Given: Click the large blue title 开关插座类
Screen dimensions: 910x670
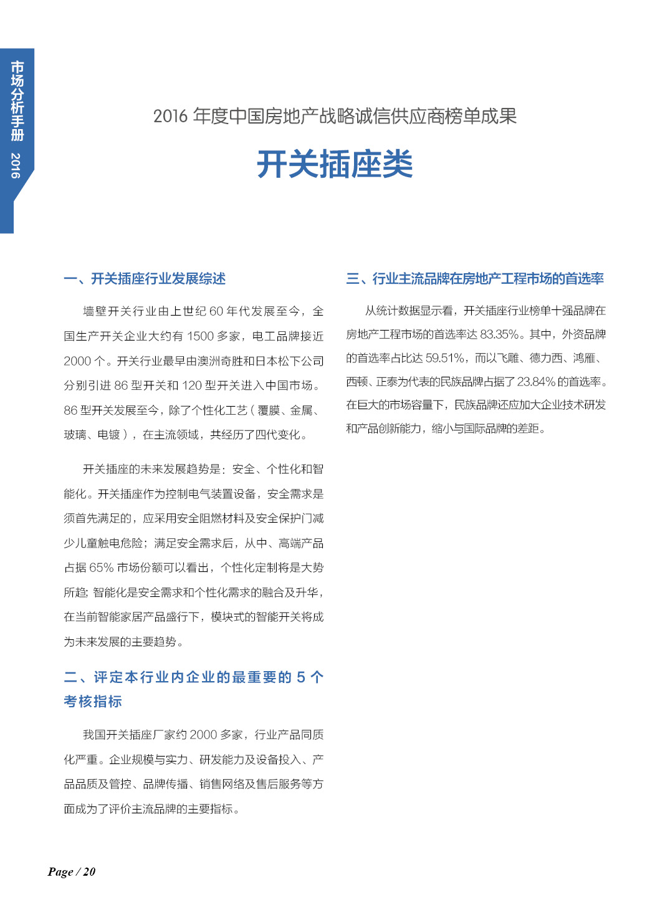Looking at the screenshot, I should point(335,165).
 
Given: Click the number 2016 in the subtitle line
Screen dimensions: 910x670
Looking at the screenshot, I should point(170,117).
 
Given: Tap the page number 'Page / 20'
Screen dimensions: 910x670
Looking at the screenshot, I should point(72,872).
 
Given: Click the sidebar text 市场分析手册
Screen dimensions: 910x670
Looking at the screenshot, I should point(17,100).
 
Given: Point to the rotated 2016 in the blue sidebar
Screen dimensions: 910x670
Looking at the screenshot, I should point(16,165).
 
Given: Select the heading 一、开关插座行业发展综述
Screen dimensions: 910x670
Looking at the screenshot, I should point(145,279).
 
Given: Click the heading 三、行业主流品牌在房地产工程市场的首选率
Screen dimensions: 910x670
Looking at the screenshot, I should point(475,279).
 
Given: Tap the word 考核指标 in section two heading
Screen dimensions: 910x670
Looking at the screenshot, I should point(93,702).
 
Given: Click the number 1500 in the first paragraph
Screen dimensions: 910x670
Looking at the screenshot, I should point(201,336).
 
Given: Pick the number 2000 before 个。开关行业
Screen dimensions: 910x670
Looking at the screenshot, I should point(77,361).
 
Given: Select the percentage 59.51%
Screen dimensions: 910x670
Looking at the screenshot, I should point(445,358).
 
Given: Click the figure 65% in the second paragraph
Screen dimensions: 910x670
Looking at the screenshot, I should point(102,568).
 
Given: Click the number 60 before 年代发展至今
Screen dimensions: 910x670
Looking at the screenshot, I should point(216,311).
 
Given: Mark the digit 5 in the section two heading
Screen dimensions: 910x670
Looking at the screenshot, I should point(300,677).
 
